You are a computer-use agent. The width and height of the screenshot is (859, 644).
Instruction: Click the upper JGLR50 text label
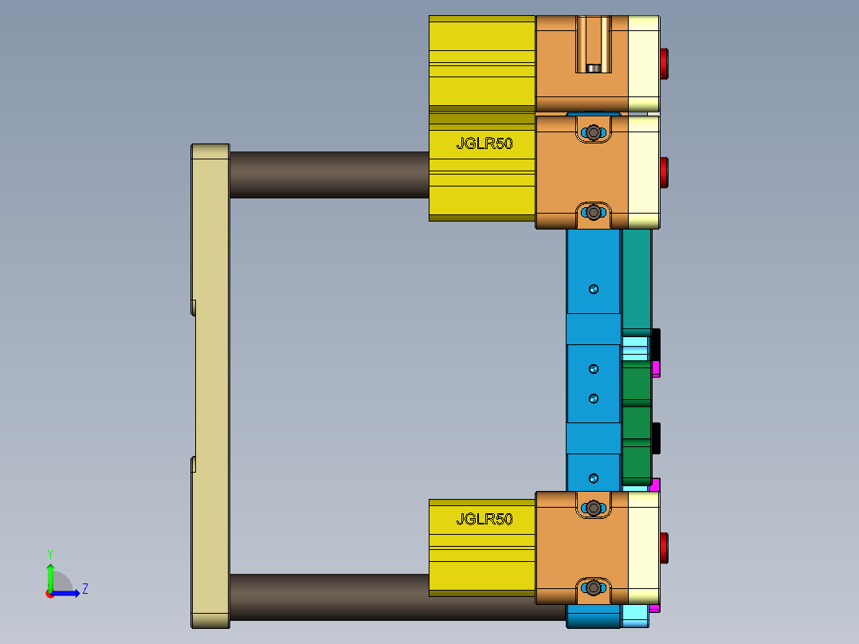pyautogui.click(x=484, y=143)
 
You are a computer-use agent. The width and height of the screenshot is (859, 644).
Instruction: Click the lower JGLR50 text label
pyautogui.click(x=484, y=519)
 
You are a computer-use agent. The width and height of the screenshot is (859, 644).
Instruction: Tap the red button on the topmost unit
pyautogui.click(x=664, y=63)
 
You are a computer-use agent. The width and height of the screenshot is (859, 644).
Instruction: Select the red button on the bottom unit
pyautogui.click(x=664, y=548)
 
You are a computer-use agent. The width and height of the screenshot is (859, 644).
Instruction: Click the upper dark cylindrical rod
pyautogui.click(x=328, y=175)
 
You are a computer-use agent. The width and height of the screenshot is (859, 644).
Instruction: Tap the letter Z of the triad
pyautogui.click(x=84, y=589)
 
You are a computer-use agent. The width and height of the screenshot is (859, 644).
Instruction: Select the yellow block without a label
pyautogui.click(x=481, y=61)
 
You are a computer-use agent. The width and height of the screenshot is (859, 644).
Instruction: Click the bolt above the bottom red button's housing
pyautogui.click(x=594, y=507)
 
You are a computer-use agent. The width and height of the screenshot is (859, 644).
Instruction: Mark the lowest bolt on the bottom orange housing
pyautogui.click(x=594, y=588)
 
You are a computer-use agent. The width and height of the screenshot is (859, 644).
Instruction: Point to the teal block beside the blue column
pyautogui.click(x=636, y=279)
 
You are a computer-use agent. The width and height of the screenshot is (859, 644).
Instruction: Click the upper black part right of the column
pyautogui.click(x=656, y=344)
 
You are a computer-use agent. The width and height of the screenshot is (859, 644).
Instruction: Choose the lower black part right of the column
pyautogui.click(x=656, y=438)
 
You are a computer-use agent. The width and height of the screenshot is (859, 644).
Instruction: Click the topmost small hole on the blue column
pyautogui.click(x=593, y=289)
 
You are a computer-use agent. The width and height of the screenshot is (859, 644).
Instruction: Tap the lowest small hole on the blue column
pyautogui.click(x=593, y=477)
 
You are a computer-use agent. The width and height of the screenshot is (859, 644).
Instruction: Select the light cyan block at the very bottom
pyautogui.click(x=636, y=615)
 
